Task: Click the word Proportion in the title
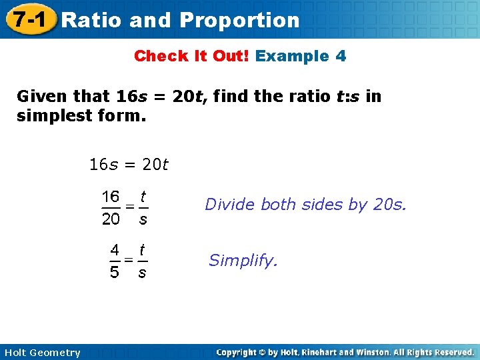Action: pos(239,20)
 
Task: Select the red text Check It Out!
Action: pos(191,56)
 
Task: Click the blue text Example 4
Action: pos(301,56)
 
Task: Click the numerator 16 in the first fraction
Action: pos(111,197)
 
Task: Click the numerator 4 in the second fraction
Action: pos(115,250)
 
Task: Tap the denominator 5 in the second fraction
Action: pos(115,273)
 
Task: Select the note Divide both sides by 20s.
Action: pos(305,205)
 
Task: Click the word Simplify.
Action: pos(243,261)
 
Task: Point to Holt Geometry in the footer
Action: pos(41,353)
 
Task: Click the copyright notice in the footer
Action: pos(345,352)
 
